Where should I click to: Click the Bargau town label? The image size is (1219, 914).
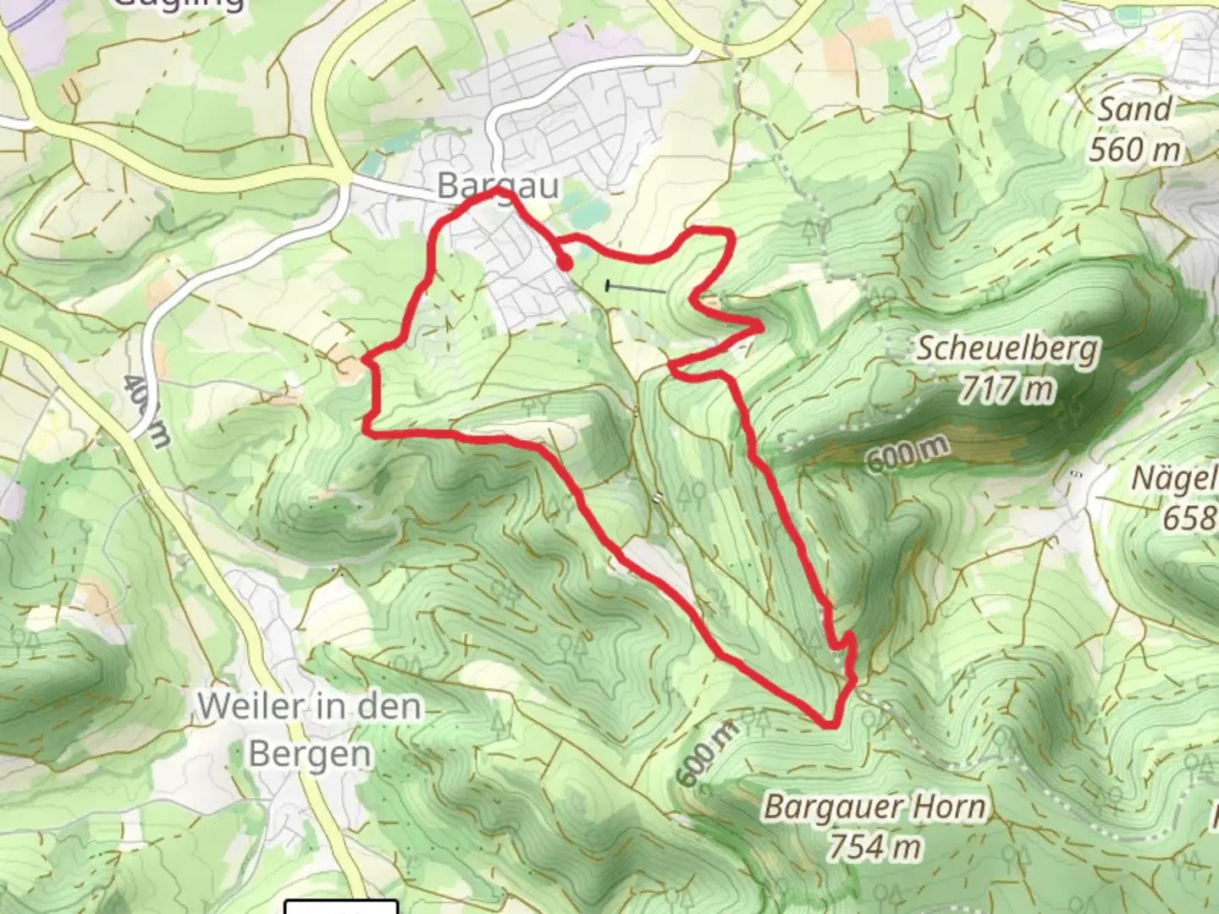pyautogui.click(x=498, y=185)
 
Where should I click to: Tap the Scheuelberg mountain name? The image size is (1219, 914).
pyautogui.click(x=1007, y=349)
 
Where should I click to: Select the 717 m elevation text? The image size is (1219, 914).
pyautogui.click(x=1007, y=389)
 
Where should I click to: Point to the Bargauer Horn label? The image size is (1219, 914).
pyautogui.click(x=874, y=807)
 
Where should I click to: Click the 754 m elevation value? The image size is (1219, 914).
pyautogui.click(x=874, y=845)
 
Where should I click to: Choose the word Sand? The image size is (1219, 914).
pyautogui.click(x=1135, y=109)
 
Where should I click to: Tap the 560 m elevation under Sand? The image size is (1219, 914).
pyautogui.click(x=1134, y=150)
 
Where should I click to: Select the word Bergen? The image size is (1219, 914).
pyautogui.click(x=310, y=754)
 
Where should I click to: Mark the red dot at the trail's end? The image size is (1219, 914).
pyautogui.click(x=565, y=263)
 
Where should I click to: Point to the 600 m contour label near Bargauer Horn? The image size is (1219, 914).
pyautogui.click(x=709, y=751)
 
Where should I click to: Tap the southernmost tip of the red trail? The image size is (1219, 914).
pyautogui.click(x=830, y=724)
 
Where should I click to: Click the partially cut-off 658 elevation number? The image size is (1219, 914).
pyautogui.click(x=1190, y=517)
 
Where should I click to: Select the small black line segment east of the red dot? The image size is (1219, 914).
pyautogui.click(x=635, y=288)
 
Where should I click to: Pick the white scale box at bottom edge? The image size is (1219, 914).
pyautogui.click(x=341, y=907)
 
